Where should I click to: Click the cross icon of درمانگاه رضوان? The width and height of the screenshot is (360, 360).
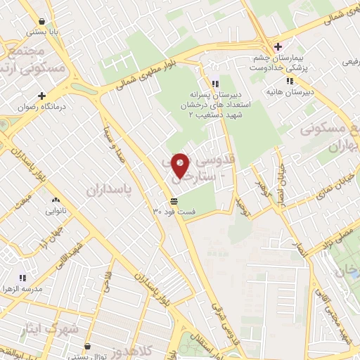point(41,96)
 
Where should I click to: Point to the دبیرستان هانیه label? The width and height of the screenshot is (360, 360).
point(288,92)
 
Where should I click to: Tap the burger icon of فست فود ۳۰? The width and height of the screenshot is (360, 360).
point(174,201)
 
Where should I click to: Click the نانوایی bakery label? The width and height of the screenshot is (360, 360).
point(56,210)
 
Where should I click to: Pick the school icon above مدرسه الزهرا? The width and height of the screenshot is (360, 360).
point(22,277)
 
